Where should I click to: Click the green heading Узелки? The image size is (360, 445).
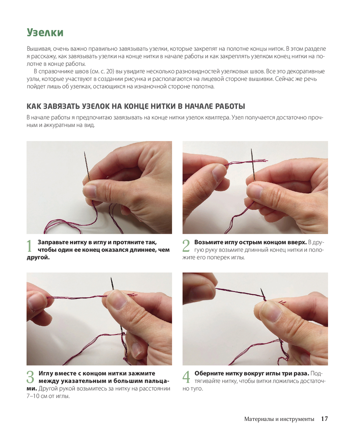coord(45,33)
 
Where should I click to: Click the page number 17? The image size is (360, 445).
coord(324,419)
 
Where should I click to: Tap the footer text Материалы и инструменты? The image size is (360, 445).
coord(279,419)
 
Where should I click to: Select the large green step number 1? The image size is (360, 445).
coord(30,246)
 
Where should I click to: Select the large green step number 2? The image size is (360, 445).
coord(186,246)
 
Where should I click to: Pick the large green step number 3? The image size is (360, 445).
coord(30,377)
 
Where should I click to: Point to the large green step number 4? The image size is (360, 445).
coord(186,377)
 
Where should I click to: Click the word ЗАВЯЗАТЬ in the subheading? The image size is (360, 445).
coord(62,106)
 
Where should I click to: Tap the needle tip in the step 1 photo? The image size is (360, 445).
coord(85,152)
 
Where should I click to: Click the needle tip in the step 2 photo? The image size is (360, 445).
coord(251,149)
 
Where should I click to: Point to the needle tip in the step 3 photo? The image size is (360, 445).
coord(111,278)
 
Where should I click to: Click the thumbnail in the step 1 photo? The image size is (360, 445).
coord(90,191)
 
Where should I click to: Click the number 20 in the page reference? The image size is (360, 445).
coord(110,72)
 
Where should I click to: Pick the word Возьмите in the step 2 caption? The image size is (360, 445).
coord(208,242)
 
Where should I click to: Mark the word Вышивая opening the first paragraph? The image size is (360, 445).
coord(39,49)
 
